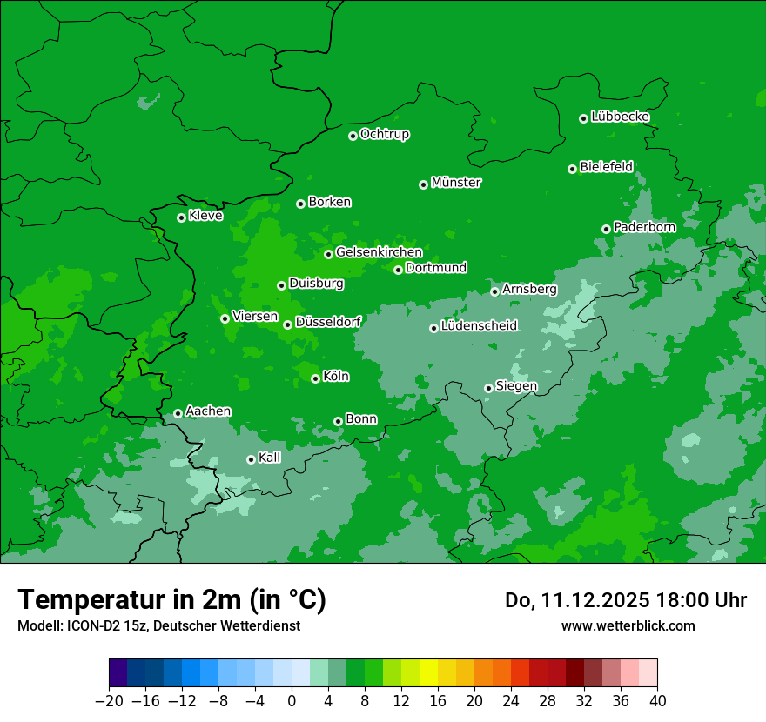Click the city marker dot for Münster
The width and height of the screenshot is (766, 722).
coord(423,184)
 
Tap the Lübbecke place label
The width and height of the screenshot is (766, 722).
coord(620,117)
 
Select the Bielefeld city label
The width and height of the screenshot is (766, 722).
coord(606,166)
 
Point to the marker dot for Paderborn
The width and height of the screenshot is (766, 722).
coord(606,229)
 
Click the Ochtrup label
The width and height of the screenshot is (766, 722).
coord(385,134)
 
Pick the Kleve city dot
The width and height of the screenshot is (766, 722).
coord(181,217)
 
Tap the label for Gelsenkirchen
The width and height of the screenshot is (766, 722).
coord(379,252)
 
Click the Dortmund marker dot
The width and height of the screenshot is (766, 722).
coord(398,270)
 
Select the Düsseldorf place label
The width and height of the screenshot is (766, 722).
coord(327,322)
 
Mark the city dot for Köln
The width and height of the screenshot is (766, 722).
coord(315,378)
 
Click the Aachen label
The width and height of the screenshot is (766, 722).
coord(208,411)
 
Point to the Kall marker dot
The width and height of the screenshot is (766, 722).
coord(251,459)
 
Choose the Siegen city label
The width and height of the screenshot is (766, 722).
coord(516,386)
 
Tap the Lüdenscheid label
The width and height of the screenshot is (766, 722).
coord(479,326)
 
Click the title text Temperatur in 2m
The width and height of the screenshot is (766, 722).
coord(171,599)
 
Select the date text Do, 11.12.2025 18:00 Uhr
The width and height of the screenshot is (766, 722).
coord(625,600)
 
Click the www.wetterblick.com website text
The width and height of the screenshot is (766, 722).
coord(628,626)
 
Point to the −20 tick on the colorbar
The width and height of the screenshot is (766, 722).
coord(110,701)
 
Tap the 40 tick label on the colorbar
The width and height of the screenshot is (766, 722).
coord(657,701)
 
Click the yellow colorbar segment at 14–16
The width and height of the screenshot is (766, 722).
coord(428,673)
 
